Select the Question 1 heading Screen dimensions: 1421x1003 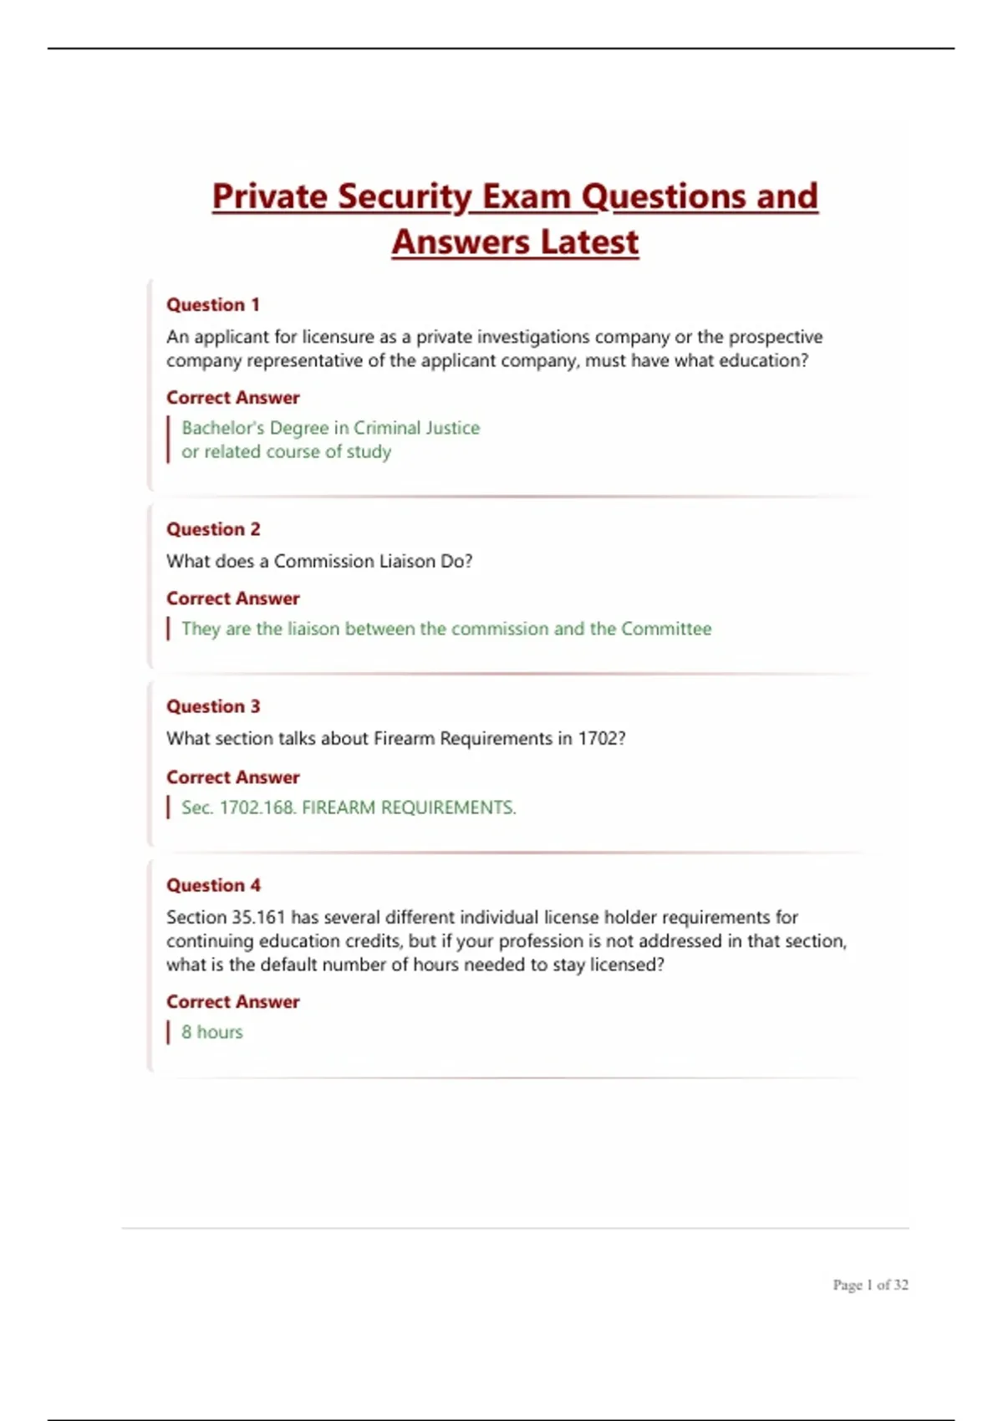coord(213,305)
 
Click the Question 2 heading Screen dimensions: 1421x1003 coord(213,529)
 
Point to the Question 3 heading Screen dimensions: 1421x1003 coord(213,706)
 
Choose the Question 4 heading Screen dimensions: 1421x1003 coord(213,885)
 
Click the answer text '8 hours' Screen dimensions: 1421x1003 coord(212,1032)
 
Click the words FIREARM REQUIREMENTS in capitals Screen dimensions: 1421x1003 coord(409,807)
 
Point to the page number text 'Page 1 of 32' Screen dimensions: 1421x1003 coord(870,1285)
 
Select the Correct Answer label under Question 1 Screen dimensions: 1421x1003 coord(232,398)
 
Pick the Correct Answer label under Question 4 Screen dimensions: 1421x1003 coord(232,1001)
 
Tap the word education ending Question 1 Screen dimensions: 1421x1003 coord(761,360)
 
